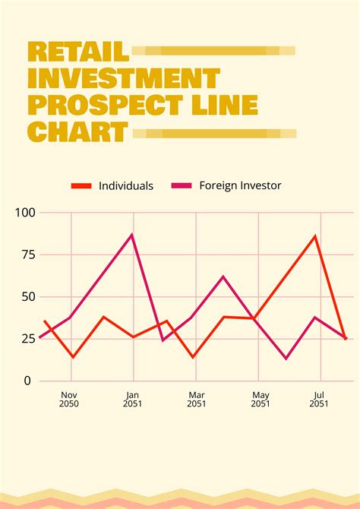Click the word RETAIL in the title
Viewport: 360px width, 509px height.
[x=78, y=52]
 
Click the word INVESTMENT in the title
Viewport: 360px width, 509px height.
[x=124, y=78]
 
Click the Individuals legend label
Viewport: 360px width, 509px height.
[x=126, y=185]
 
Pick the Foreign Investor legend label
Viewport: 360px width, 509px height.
[x=240, y=185]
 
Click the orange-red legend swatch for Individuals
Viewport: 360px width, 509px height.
[x=81, y=185]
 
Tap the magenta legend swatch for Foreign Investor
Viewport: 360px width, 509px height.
[x=182, y=185]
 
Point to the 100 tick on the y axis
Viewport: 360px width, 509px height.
[x=25, y=213]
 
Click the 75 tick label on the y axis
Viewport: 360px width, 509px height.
[x=28, y=254]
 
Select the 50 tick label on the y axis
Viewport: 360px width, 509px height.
[x=28, y=296]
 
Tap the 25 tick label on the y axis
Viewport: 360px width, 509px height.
[x=28, y=339]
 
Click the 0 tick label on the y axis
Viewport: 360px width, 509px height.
[x=28, y=381]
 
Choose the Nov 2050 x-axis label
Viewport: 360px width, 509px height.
[x=69, y=400]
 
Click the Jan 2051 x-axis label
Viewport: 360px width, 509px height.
[x=133, y=400]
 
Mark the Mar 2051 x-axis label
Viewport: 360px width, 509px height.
[x=197, y=400]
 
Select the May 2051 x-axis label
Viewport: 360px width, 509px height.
[x=261, y=400]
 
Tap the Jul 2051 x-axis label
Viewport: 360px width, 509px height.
[x=319, y=400]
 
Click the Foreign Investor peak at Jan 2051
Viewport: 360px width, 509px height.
[x=132, y=235]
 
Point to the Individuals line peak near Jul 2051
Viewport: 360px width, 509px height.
[x=315, y=236]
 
